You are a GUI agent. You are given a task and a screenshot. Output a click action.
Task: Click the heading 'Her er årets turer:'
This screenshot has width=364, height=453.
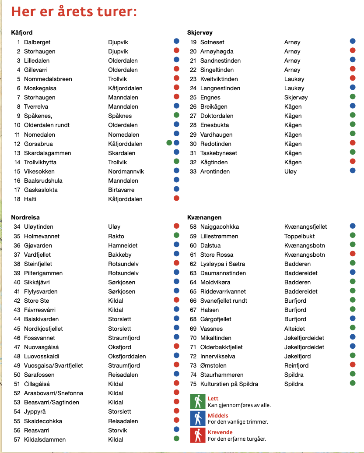point(74,12)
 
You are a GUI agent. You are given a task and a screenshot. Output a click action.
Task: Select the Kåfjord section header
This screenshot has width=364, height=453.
point(22,33)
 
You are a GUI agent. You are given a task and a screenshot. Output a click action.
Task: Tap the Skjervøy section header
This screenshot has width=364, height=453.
point(200,33)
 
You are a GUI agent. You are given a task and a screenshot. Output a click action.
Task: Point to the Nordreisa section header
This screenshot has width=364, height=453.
point(25,217)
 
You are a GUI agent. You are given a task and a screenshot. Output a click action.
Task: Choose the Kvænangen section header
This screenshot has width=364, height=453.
point(204,217)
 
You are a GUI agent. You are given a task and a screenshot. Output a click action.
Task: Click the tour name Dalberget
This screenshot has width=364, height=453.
point(37,42)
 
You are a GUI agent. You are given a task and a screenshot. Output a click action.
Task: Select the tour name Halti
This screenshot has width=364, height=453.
point(30,199)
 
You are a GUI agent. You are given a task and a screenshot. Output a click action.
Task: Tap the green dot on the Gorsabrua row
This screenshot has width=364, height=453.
point(169,143)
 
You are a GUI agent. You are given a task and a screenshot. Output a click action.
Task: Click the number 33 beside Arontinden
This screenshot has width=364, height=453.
point(193,171)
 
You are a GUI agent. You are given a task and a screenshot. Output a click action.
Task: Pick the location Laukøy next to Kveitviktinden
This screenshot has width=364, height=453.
point(294,79)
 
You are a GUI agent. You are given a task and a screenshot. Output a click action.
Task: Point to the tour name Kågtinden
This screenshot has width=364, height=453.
point(214,162)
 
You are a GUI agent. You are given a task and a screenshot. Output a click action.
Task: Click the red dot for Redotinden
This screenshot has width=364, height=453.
point(353,143)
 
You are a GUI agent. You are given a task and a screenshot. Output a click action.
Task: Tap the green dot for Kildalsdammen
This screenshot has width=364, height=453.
point(176,439)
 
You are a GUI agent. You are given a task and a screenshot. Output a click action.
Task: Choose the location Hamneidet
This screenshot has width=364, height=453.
point(123,245)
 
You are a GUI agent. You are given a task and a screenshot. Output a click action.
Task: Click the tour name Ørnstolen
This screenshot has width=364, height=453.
point(214,365)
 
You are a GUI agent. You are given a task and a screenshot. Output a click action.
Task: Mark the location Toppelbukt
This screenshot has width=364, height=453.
point(299,236)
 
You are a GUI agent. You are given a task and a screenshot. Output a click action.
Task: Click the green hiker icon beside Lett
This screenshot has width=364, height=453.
point(198,401)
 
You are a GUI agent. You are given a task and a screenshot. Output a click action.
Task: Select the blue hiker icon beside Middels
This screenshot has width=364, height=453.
point(198,418)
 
